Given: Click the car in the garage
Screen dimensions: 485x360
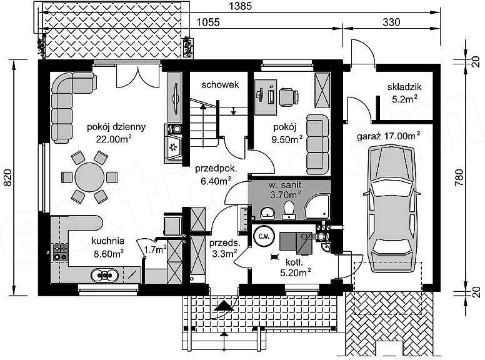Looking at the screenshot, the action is click(x=391, y=209).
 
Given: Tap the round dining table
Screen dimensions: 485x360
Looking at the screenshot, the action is click(x=89, y=177).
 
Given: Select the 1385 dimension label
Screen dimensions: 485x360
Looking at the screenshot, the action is click(x=241, y=6).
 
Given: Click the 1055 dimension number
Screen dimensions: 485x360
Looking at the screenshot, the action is click(x=209, y=22).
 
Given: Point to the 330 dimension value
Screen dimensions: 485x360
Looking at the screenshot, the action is click(x=391, y=22).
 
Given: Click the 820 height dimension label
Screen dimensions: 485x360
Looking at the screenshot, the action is click(x=8, y=177).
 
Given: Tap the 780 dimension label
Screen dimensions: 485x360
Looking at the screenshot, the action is click(x=459, y=177).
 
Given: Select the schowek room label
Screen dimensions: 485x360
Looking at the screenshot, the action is click(x=220, y=84).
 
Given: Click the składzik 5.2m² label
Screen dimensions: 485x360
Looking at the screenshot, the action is click(x=404, y=92).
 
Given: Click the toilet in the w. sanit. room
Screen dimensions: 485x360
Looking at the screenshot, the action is click(x=289, y=210).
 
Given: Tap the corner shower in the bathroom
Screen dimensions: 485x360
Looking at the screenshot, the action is click(x=317, y=207).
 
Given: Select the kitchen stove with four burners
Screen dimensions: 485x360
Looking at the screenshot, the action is click(x=61, y=252).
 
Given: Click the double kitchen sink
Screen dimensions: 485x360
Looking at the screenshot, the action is click(x=104, y=275).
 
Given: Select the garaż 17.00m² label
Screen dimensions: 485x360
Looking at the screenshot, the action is click(x=389, y=136).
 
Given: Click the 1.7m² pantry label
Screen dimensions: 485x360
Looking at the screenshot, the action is click(x=156, y=249).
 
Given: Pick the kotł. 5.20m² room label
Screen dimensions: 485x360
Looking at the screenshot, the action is click(x=295, y=267).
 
